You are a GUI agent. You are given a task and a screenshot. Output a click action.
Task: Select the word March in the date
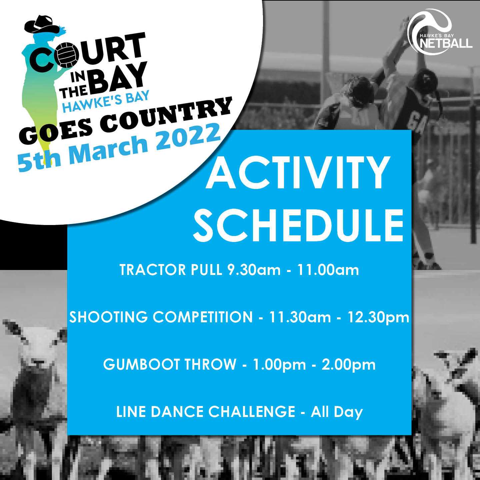tap(111, 153)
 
